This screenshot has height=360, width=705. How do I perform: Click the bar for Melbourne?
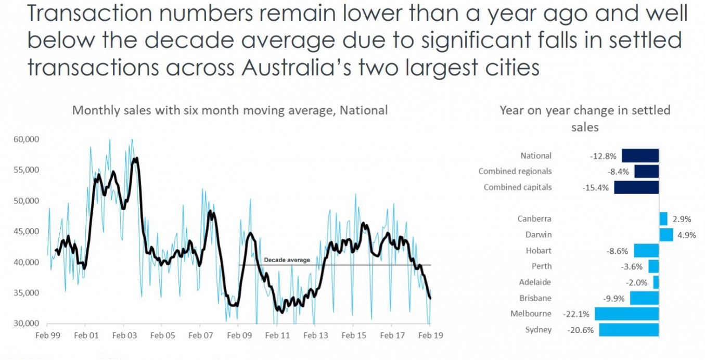point(626,314)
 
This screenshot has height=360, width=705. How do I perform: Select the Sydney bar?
point(629,330)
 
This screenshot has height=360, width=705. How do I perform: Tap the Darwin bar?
point(666,235)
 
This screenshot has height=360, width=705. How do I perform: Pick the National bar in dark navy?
point(640,156)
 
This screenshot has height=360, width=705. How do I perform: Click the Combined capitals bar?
point(636,187)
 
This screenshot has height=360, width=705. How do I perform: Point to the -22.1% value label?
point(576,314)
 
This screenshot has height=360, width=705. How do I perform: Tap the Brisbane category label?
point(535,298)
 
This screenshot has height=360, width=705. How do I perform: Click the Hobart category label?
point(539,250)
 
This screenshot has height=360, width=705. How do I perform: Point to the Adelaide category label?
point(535,282)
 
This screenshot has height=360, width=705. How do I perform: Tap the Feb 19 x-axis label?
point(431,336)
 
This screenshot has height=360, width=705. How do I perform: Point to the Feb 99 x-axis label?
point(48,336)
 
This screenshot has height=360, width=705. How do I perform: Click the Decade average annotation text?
point(287,260)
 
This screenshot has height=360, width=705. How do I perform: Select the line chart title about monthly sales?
point(229,110)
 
